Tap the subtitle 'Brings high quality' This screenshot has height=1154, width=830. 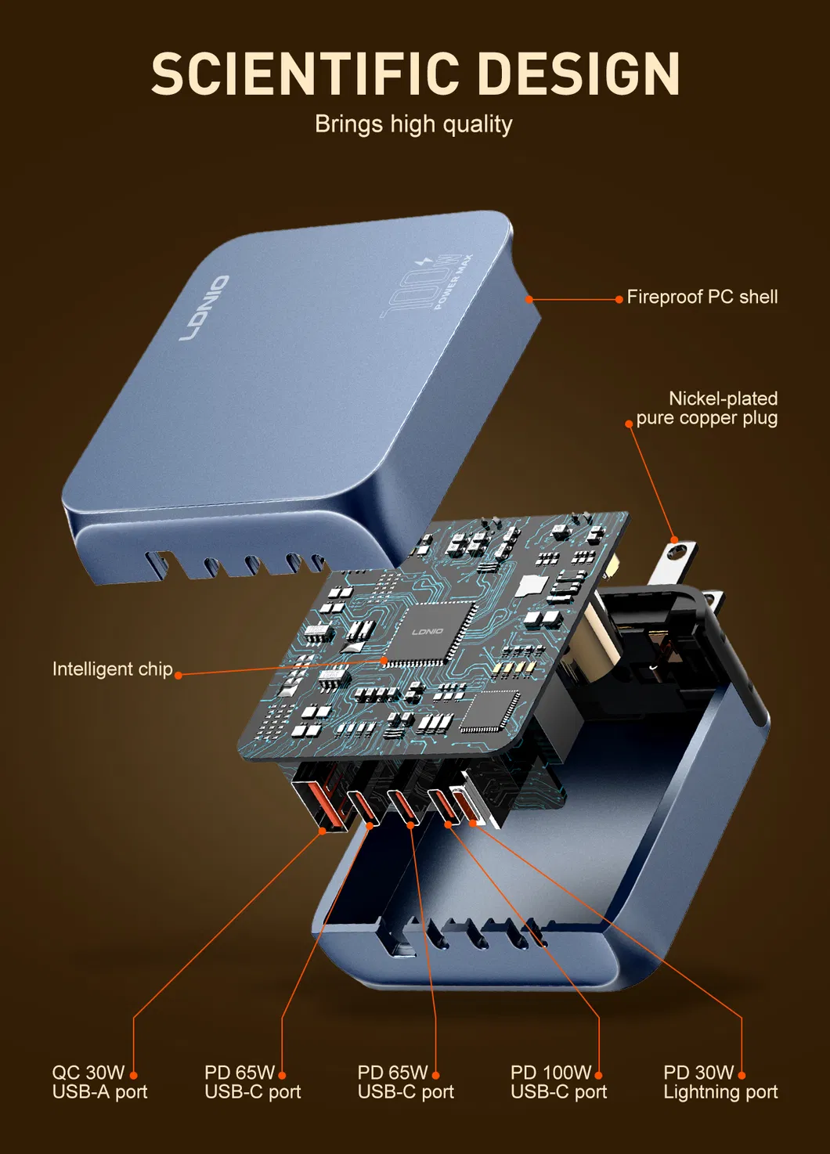(413, 124)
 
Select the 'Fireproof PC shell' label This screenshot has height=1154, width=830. (702, 298)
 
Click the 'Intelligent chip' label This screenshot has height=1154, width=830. (112, 669)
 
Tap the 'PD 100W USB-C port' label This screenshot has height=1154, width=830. (558, 1082)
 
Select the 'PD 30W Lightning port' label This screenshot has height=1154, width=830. (720, 1082)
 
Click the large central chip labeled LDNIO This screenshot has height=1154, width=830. (428, 632)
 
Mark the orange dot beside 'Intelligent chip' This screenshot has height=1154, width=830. (179, 674)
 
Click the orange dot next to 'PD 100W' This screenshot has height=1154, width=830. (598, 1075)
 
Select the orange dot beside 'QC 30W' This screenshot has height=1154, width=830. (133, 1075)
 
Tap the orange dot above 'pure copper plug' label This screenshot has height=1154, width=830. (628, 424)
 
